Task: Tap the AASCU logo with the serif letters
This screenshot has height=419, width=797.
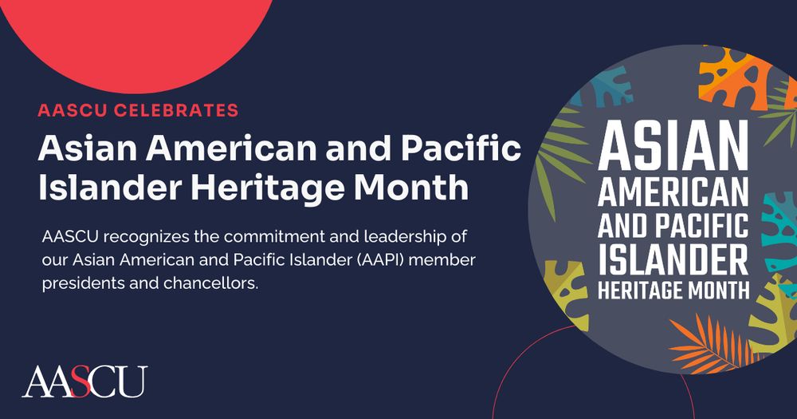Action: [x=84, y=381]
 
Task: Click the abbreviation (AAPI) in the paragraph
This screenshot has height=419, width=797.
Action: [x=383, y=259]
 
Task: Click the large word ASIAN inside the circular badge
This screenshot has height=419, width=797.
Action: [x=673, y=146]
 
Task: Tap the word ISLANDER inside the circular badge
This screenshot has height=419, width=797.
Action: [x=673, y=259]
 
